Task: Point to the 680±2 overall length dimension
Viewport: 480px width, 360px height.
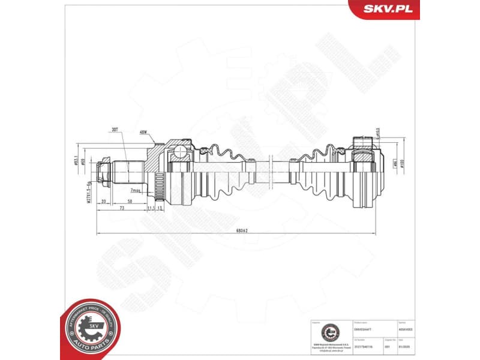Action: click(x=242, y=230)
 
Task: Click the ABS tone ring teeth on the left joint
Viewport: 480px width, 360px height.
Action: click(x=159, y=179)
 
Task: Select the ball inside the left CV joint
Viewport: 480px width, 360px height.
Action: click(x=179, y=152)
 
